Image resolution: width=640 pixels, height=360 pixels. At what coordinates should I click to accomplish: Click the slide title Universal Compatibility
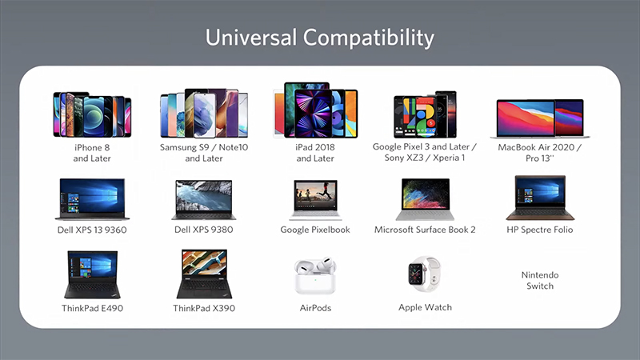tap(319, 38)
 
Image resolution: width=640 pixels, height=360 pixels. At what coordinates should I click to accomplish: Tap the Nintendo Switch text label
tap(539, 281)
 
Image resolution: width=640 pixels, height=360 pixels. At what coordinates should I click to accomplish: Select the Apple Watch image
tap(424, 274)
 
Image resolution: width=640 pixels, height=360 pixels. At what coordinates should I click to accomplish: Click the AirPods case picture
tap(315, 275)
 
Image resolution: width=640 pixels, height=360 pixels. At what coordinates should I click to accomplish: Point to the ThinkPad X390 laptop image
tap(204, 274)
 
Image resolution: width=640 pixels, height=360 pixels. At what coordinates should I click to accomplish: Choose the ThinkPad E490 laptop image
tap(92, 274)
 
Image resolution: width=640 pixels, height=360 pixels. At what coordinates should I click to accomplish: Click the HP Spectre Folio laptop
tap(540, 198)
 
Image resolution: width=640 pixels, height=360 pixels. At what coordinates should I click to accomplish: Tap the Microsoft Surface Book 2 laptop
tap(425, 199)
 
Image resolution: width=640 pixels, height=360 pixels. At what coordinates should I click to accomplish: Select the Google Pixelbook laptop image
tap(315, 200)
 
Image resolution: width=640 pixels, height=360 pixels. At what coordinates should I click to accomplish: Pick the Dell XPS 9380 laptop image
tap(204, 200)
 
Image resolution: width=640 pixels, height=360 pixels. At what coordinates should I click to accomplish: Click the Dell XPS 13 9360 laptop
tap(92, 199)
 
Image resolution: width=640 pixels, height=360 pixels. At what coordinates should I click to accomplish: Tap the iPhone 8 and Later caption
tap(92, 153)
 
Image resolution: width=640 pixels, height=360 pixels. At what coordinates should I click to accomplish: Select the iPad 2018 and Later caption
tap(315, 153)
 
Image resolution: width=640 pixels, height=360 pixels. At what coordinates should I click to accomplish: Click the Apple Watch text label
tap(425, 307)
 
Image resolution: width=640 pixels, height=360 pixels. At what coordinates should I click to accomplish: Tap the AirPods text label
tap(315, 308)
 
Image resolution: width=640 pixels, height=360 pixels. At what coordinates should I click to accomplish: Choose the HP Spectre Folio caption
tap(539, 230)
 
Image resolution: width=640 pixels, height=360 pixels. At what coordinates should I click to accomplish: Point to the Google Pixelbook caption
tap(315, 230)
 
